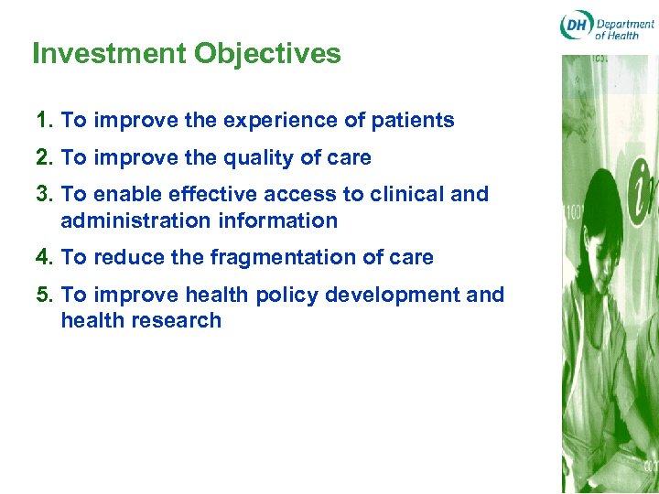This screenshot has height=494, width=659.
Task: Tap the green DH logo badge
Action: click(x=576, y=26)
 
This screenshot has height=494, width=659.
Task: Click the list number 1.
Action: click(x=42, y=121)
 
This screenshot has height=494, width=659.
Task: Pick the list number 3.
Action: click(x=42, y=194)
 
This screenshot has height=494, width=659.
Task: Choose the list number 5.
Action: click(x=42, y=295)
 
